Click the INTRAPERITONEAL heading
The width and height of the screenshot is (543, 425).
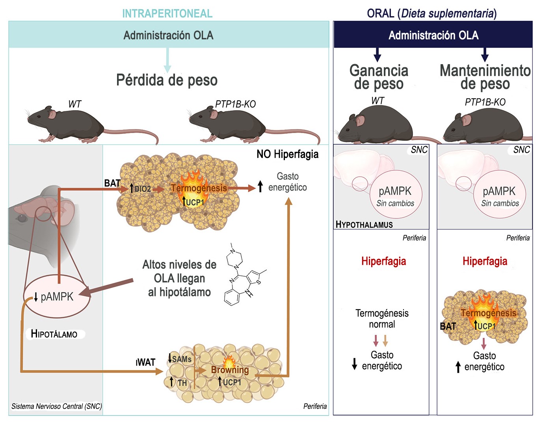pos(167,13)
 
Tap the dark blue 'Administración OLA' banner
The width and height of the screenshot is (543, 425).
pos(433,35)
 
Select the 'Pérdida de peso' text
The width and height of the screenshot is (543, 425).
pos(167,80)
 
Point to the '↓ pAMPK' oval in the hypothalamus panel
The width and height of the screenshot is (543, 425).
pos(57,296)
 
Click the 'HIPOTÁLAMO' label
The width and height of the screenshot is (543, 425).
pos(54,334)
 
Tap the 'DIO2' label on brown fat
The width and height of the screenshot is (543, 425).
pos(142,189)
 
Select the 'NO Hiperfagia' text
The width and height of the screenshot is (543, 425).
pos(287,154)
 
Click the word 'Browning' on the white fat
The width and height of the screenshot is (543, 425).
pos(230,370)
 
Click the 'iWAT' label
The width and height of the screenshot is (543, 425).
pos(145,362)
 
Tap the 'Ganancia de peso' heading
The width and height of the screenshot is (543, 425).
pos(378,77)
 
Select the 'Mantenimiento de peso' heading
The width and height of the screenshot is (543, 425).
pos(485,77)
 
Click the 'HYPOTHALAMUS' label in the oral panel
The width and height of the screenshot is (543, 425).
pos(364,225)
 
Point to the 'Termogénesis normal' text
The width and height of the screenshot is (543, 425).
pos(382,319)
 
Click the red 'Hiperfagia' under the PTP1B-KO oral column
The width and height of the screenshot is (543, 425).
pos(485,261)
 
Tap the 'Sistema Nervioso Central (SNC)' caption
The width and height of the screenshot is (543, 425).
pos(56,407)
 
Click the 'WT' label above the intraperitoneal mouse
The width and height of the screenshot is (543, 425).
pos(74,104)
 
